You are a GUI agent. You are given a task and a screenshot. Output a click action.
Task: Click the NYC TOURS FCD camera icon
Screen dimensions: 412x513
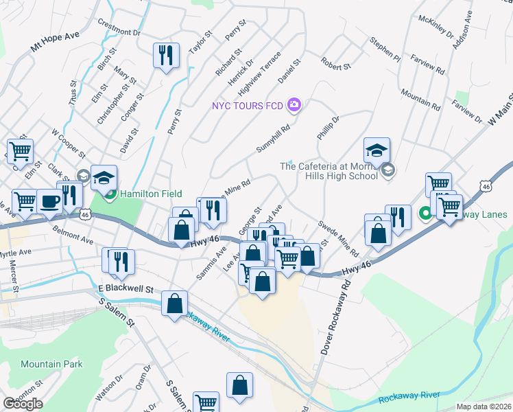(294, 105)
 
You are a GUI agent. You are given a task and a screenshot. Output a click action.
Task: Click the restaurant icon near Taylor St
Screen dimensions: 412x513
(166, 54)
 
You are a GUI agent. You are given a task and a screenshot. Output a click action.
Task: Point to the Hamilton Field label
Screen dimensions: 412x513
(145, 194)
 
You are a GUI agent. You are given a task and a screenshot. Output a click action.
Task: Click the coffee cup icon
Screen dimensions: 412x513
(49, 201)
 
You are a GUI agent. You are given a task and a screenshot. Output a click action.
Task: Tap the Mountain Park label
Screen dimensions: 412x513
(51, 364)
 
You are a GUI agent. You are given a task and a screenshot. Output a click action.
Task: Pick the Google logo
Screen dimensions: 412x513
(23, 403)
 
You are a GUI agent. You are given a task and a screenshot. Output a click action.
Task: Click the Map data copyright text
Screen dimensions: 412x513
(484, 407)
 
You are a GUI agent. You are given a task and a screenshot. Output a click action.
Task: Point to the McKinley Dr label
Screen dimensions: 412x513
(436, 29)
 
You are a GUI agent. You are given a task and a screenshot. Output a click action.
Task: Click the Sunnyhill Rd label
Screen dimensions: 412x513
(274, 138)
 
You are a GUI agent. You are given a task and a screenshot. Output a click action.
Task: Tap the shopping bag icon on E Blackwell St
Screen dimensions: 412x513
(175, 303)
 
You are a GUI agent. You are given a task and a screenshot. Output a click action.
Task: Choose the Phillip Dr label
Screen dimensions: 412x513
(329, 128)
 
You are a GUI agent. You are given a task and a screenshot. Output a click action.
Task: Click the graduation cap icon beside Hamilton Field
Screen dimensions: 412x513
(104, 178)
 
